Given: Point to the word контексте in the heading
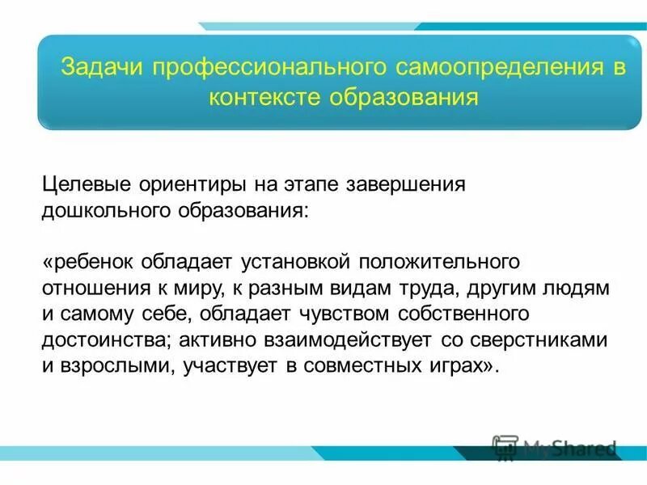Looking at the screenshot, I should tap(265, 99).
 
